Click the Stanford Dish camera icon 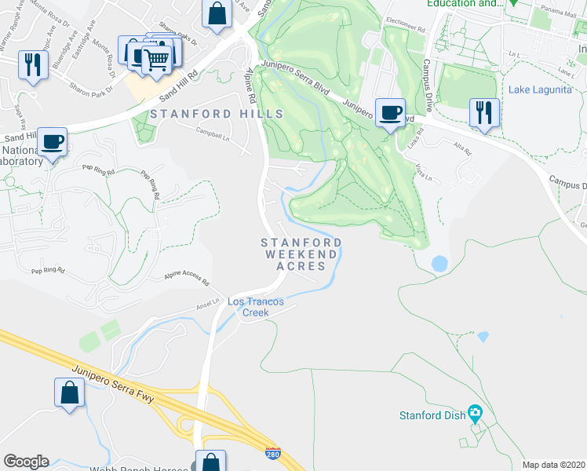click(x=474, y=412)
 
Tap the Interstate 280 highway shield click(x=272, y=453)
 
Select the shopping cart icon click(x=157, y=58)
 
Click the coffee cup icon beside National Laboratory click(x=53, y=142)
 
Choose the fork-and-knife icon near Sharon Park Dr click(x=31, y=64)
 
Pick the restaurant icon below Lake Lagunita click(x=483, y=112)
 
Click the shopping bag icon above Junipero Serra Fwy click(x=69, y=392)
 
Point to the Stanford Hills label click(x=216, y=114)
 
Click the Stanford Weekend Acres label click(x=301, y=254)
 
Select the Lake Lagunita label click(x=541, y=89)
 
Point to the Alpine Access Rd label click(x=187, y=278)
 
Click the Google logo click(x=26, y=462)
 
